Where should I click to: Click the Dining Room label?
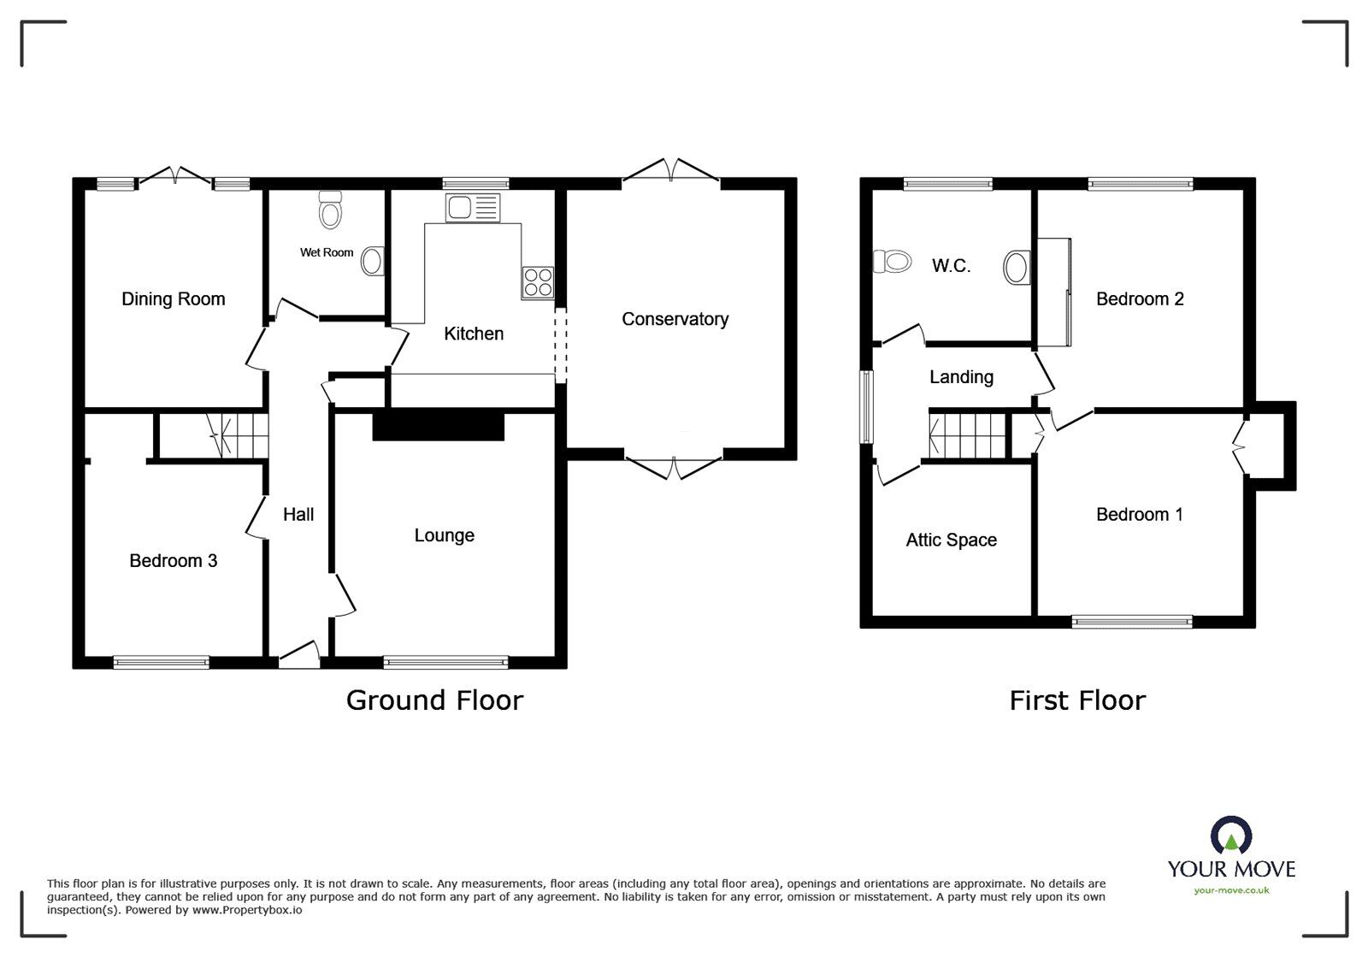(x=174, y=299)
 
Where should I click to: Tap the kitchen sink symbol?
(x=472, y=208)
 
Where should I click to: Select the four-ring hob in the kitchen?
(x=538, y=283)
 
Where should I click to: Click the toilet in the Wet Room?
(x=330, y=210)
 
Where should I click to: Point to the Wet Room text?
(x=327, y=252)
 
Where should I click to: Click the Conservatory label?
(x=675, y=319)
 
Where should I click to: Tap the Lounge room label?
(x=444, y=535)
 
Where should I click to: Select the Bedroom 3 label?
(x=174, y=561)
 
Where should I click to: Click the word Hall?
(x=298, y=514)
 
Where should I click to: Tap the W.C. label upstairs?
(x=951, y=266)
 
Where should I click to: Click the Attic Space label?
(x=951, y=541)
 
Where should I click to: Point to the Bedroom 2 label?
(x=1140, y=299)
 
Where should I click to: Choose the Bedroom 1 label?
(x=1140, y=514)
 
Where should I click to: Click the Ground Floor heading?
(x=434, y=700)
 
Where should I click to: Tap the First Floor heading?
(x=1077, y=700)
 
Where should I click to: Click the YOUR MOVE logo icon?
(x=1231, y=836)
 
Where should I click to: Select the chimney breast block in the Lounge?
(x=439, y=425)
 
